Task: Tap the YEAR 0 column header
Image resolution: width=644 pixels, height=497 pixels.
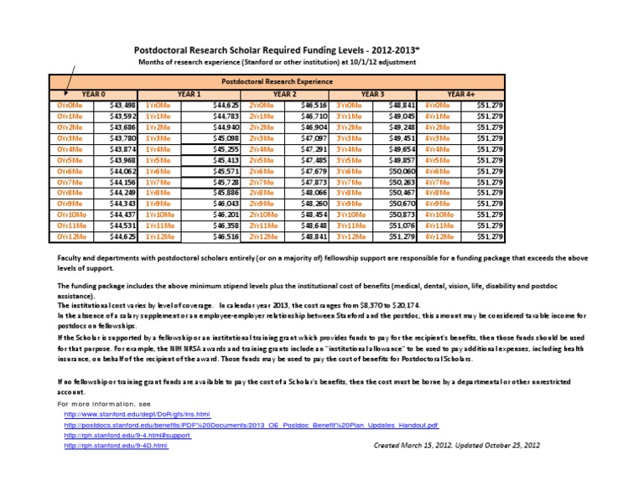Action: click(x=82, y=95)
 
